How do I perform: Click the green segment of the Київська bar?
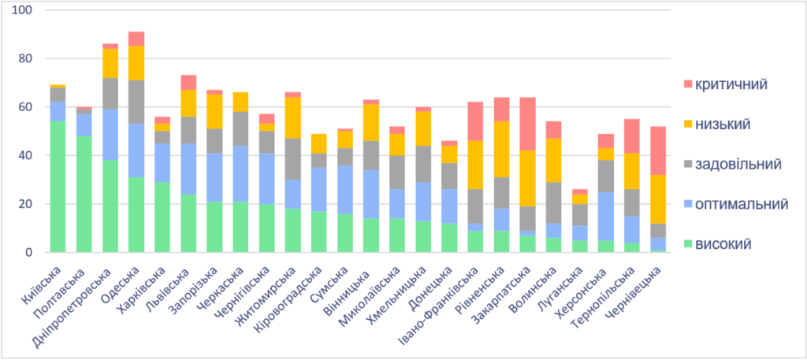point(58,187)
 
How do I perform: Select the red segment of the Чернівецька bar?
point(660,150)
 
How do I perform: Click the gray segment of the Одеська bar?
point(136,102)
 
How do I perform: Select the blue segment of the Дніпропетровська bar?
point(110,135)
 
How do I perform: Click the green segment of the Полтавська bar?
point(84,194)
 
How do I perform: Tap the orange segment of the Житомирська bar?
point(292,117)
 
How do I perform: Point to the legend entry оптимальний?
point(742,204)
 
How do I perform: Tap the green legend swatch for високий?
point(687,244)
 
